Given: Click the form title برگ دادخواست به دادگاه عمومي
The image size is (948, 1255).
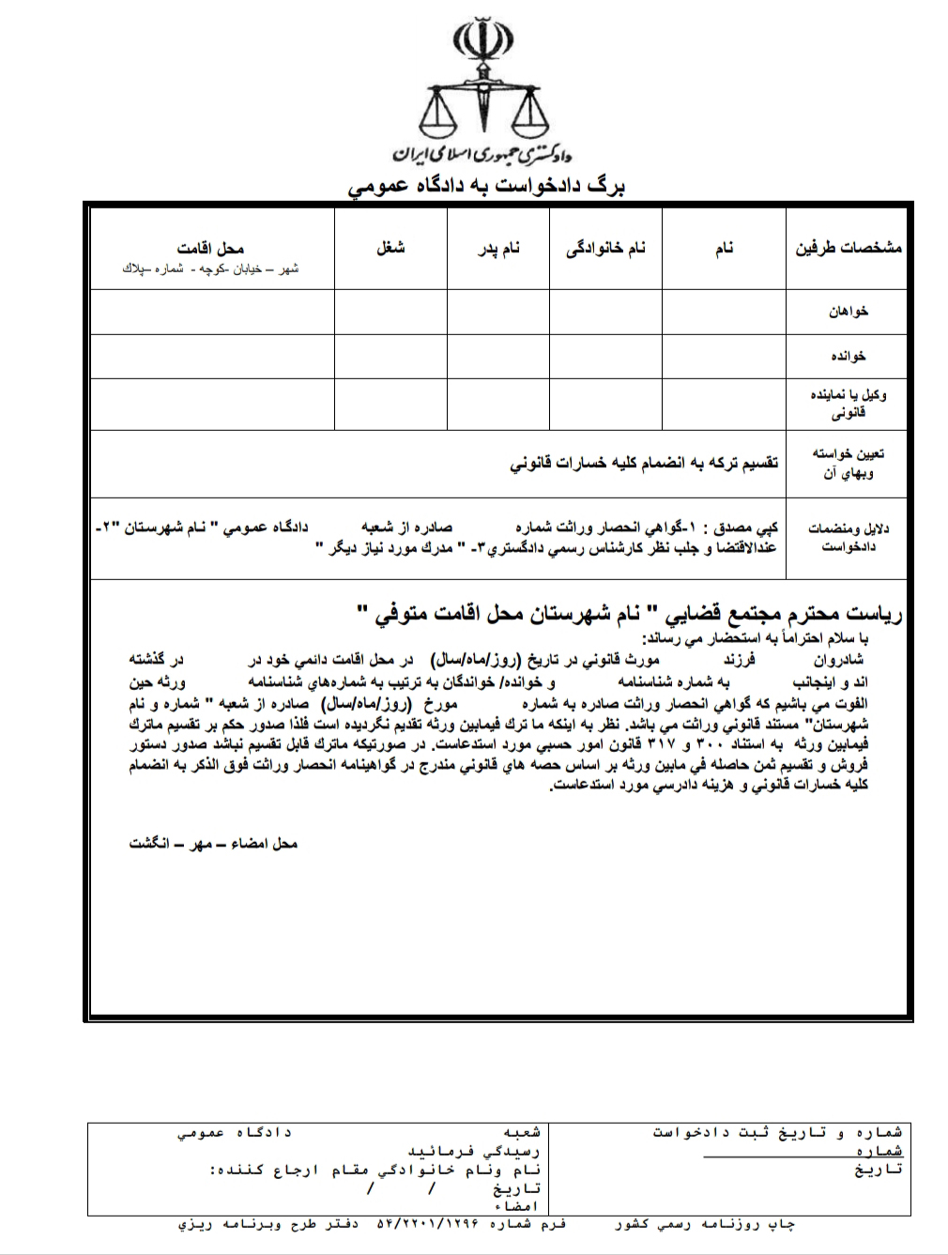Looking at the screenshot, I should [x=486, y=186].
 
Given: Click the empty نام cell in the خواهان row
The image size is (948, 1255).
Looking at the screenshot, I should [x=723, y=312].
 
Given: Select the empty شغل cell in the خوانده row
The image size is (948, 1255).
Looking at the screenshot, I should [x=390, y=357].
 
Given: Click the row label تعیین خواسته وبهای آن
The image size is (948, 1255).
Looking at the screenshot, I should [x=848, y=463].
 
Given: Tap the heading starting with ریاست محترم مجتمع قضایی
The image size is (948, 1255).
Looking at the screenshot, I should [x=630, y=616].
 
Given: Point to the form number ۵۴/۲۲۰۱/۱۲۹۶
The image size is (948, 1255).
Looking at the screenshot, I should [x=432, y=1225].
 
